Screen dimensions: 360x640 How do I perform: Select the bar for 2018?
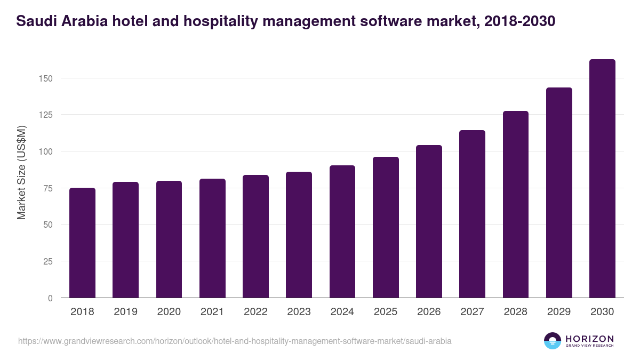(x=82, y=243)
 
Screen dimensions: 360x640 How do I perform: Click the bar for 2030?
(x=602, y=179)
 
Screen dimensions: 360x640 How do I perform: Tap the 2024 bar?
(x=342, y=231)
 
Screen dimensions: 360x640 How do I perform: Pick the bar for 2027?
(x=472, y=214)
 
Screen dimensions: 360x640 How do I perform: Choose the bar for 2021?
(x=212, y=238)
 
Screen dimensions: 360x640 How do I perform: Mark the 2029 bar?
(x=559, y=193)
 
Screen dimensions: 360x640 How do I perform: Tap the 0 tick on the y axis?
(x=50, y=298)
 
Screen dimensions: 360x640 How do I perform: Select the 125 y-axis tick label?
(x=47, y=115)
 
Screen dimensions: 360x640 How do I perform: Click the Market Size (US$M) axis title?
(x=21, y=172)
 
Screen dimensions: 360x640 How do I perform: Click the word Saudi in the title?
(x=33, y=21)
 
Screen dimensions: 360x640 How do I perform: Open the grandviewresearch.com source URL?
(x=235, y=341)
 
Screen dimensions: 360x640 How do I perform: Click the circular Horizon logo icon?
(x=553, y=341)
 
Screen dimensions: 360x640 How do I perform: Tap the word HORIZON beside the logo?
(x=589, y=338)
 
